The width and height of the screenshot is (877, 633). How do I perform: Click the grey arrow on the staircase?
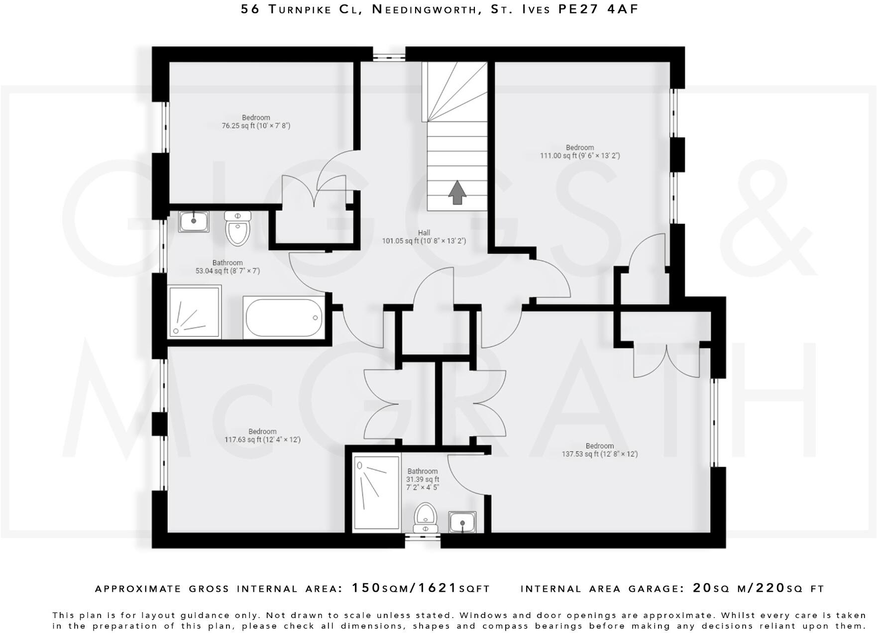point(457,193)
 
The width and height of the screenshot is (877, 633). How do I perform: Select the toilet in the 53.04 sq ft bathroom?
point(238,228)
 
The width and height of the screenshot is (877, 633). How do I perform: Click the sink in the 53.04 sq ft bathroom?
point(194,221)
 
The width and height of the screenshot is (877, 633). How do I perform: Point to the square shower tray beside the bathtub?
point(194,312)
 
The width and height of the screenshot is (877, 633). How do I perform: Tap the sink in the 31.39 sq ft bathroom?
point(462,522)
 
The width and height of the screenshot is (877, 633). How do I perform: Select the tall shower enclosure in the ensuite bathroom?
point(376,493)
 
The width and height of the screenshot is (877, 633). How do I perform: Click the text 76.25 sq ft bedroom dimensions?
point(256,126)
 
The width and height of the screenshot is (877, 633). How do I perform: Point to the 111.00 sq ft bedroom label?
point(580,152)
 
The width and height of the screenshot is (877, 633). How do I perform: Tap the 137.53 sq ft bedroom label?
point(599,450)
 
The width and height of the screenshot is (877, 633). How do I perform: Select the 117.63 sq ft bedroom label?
point(262,436)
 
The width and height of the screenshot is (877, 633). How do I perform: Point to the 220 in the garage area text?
point(770,588)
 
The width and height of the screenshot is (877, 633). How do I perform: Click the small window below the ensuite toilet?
point(423,537)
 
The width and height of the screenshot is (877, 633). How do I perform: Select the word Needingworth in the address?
point(425,9)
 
